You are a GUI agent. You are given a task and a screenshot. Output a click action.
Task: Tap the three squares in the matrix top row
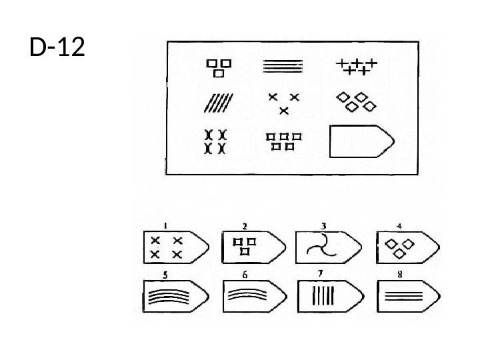point(219,66)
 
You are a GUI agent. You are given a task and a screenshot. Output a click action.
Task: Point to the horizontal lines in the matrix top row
point(283,66)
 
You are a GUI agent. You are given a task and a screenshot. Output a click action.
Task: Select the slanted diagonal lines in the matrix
point(217,103)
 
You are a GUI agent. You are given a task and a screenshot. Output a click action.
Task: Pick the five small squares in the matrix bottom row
point(284,140)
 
